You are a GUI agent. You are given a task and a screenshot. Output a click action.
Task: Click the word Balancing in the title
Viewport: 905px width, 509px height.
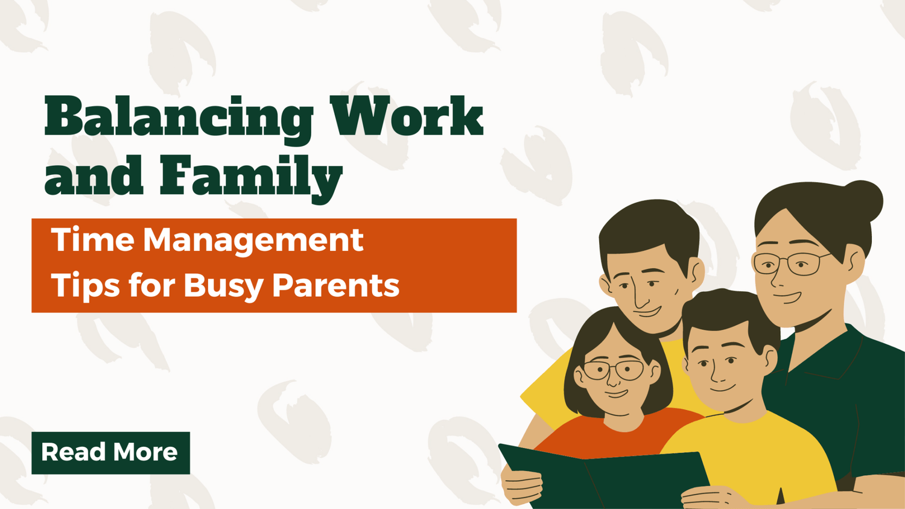click(179, 118)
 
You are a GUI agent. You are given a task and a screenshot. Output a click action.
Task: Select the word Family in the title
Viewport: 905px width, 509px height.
click(251, 176)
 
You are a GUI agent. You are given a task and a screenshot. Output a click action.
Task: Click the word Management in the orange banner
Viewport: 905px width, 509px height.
click(253, 241)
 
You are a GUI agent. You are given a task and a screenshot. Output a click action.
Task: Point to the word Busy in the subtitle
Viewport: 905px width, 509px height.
click(223, 285)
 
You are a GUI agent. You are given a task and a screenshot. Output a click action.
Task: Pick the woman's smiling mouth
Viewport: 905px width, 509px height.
click(787, 297)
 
